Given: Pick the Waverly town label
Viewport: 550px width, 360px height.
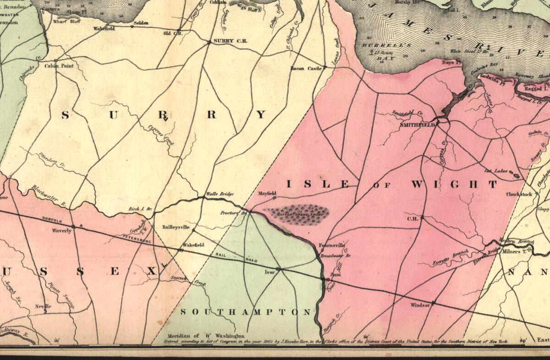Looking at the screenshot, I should pos(61,231).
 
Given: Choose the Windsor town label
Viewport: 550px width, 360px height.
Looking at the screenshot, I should pos(420,305).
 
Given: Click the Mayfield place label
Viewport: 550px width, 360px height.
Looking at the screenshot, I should pos(268,194).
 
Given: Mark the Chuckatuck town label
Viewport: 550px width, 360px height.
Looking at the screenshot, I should pos(519,194).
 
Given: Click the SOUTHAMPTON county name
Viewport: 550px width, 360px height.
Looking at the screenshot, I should pos(246,312).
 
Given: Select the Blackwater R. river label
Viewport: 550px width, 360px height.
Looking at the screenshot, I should pos(49,195).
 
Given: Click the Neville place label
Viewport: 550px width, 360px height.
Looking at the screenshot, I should pos(43,306).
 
